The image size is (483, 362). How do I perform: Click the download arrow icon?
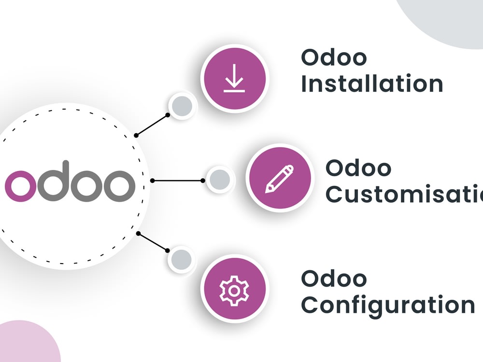pos(234,78)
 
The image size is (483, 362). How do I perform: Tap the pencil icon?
pos(279,180)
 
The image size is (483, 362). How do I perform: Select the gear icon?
pos(234,290)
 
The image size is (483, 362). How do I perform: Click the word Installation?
pos(372,84)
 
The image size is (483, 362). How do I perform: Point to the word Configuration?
pos(388,305)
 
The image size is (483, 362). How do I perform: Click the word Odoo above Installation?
pos(334,57)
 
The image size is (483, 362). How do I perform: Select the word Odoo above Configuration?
pos(334,278)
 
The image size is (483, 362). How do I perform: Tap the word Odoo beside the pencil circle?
pos(358,168)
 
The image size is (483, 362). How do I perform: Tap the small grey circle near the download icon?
pos(182,105)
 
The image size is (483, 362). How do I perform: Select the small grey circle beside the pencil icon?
pos(220,180)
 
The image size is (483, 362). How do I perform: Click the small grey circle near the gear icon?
pos(182,260)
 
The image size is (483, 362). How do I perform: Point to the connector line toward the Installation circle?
pos(152,125)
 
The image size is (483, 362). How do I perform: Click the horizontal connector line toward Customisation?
pos(178,181)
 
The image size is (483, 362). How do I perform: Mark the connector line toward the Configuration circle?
pos(153,242)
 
